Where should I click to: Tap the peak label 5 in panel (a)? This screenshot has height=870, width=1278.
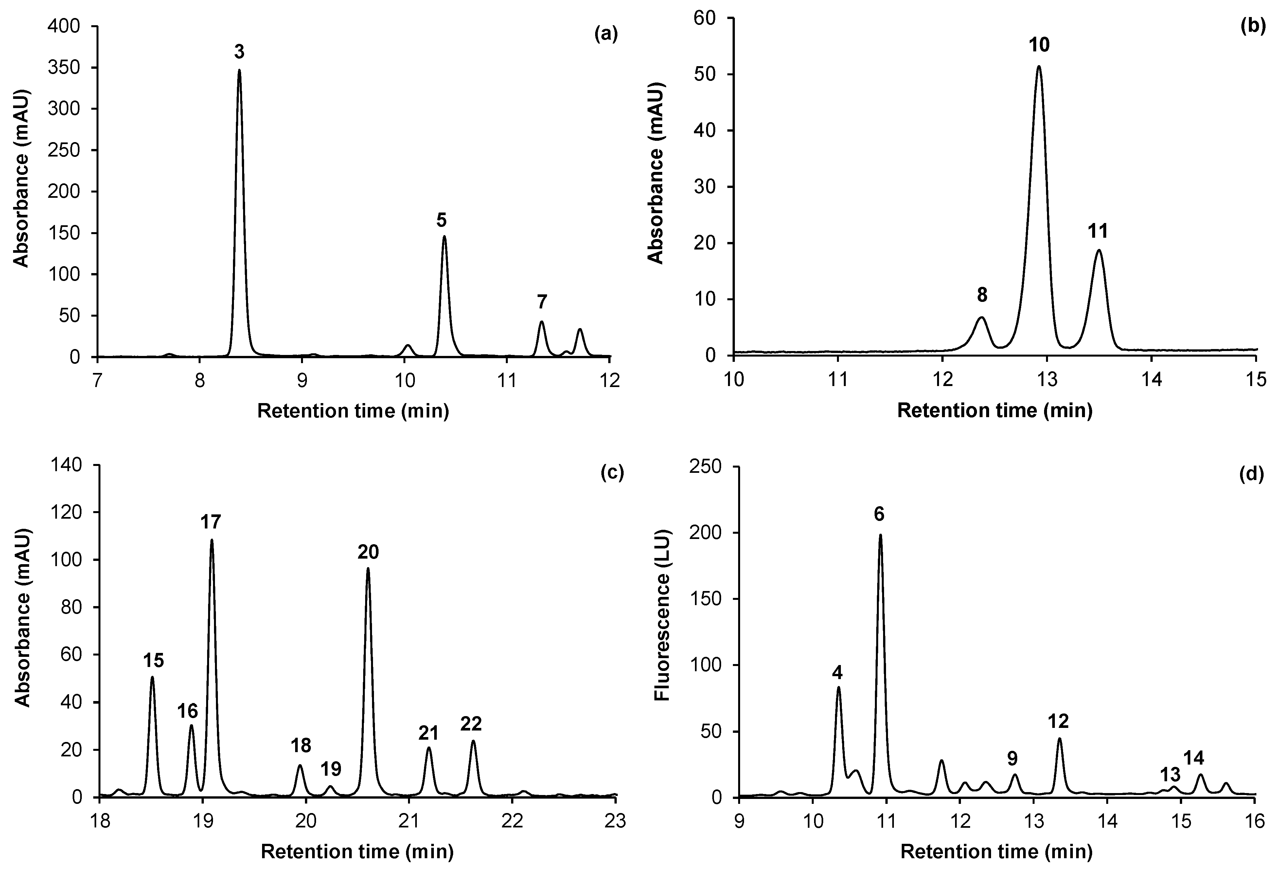coord(442,221)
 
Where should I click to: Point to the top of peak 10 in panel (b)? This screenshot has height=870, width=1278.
coord(1039,66)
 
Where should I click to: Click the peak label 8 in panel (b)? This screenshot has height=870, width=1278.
coord(982,295)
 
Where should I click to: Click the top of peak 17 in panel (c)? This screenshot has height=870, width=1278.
coord(212,540)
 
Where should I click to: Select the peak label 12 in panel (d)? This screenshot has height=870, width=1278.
coord(1058,720)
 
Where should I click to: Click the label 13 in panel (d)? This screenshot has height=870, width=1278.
coord(1170,775)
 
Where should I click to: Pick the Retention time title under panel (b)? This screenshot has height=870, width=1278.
coord(994,411)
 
